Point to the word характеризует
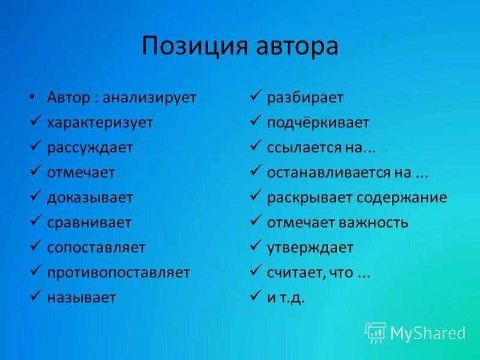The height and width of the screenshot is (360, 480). [x=100, y=122]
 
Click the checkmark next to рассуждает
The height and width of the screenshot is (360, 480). [x=35, y=146]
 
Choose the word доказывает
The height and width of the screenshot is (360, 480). [x=90, y=197]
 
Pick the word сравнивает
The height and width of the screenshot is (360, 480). [x=89, y=223]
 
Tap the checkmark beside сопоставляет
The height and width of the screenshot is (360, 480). [x=35, y=247]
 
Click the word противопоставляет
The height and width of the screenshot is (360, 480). [x=119, y=272]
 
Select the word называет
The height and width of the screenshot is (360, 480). [x=82, y=298]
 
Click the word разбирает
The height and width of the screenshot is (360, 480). [x=305, y=98]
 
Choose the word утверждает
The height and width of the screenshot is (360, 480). [x=310, y=248]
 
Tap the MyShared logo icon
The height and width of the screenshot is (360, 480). [x=375, y=332]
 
